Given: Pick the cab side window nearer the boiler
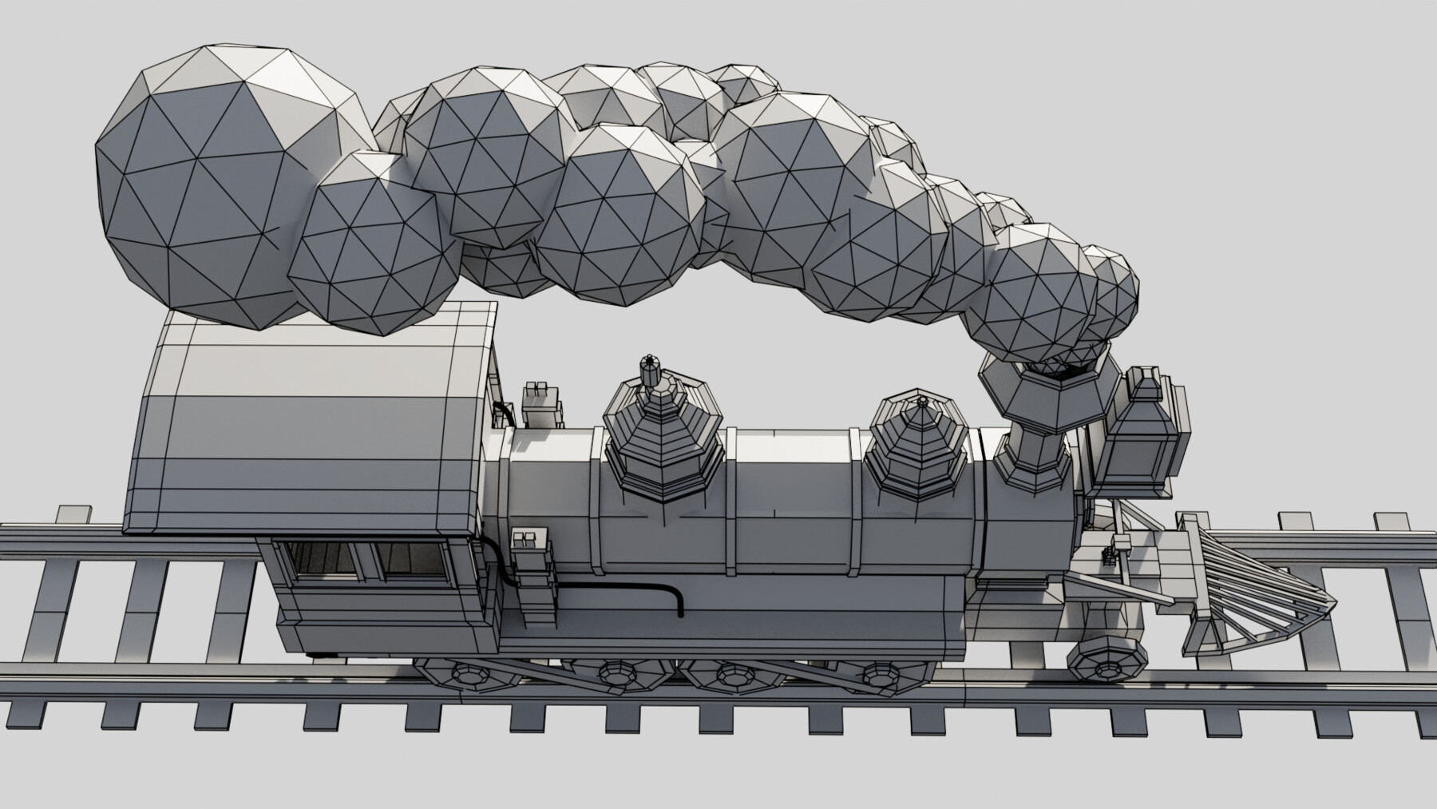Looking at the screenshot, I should point(414,560).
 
